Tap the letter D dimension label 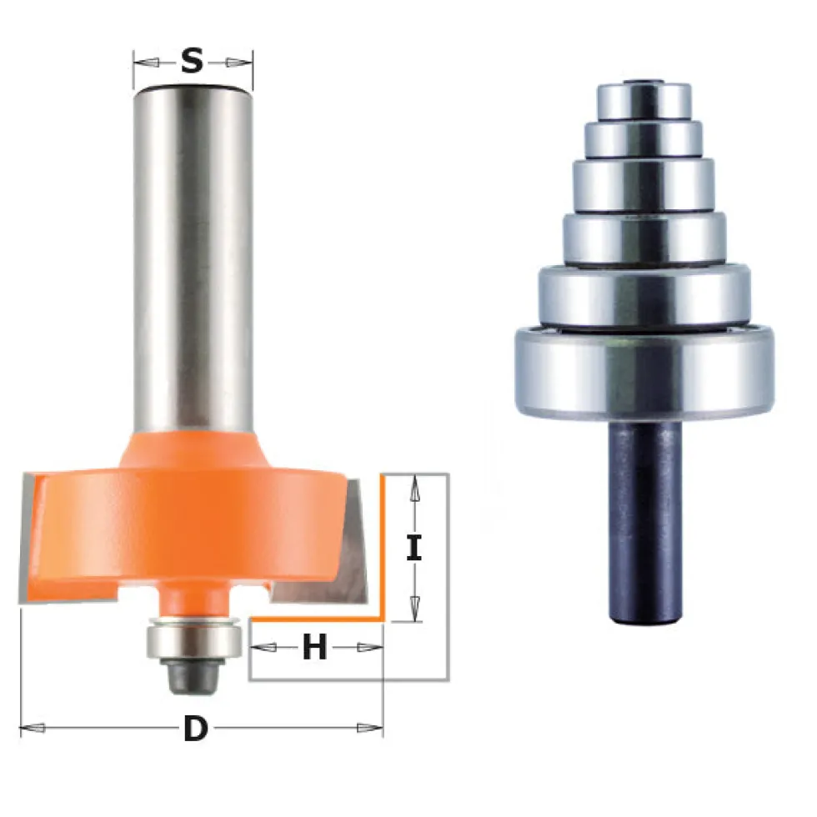pos(195,729)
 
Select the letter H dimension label pos(315,647)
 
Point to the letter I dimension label pos(414,548)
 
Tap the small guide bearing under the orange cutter pos(193,639)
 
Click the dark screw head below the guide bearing pos(193,675)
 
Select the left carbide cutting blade pos(32,537)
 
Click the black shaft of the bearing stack pos(645,521)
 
